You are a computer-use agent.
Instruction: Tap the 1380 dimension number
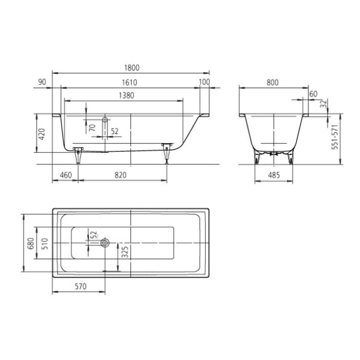[x=126, y=95]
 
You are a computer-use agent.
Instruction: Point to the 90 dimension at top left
[x=42, y=82]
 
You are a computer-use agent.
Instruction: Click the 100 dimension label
[x=204, y=82]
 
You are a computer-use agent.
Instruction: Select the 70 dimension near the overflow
[x=92, y=128]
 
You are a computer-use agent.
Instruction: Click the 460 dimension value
[x=66, y=175]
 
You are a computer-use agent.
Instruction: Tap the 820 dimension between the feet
[x=120, y=175]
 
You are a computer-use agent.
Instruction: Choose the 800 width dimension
[x=273, y=82]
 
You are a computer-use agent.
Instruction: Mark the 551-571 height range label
[x=334, y=138]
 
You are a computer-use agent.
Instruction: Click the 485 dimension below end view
[x=274, y=175]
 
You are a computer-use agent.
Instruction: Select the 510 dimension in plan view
[x=44, y=242]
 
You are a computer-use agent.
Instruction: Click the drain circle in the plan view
[x=105, y=242]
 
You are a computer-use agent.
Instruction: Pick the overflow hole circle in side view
[x=105, y=120]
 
